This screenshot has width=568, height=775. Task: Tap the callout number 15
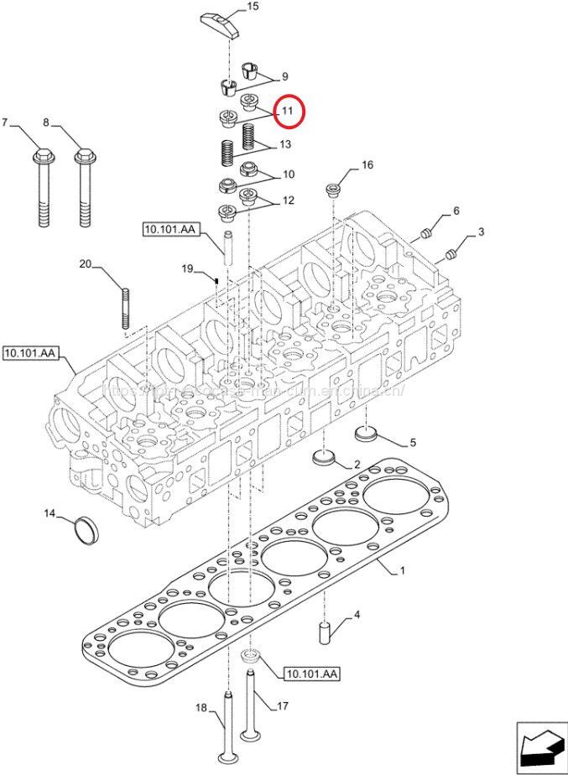(x=253, y=8)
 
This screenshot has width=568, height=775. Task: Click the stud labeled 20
(x=126, y=309)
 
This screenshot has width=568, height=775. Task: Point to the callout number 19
(x=188, y=268)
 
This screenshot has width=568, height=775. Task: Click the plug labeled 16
(x=332, y=189)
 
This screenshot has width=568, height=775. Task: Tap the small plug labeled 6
(x=425, y=232)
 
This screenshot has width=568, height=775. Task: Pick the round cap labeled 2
(x=324, y=459)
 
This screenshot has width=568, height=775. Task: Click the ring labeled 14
(x=85, y=530)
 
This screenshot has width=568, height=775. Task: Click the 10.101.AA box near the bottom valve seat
(x=311, y=674)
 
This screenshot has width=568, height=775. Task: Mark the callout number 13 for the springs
(x=285, y=145)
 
